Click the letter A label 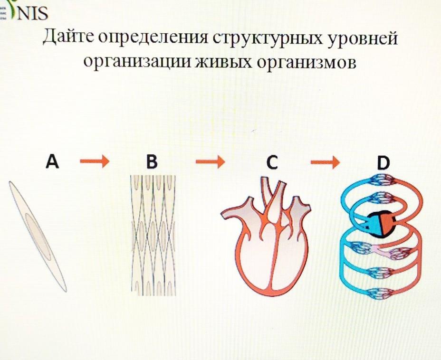52,162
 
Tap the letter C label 271,163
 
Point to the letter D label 383,163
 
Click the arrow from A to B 94,163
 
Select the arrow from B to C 210,163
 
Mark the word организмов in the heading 307,62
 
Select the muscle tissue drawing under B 153,235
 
